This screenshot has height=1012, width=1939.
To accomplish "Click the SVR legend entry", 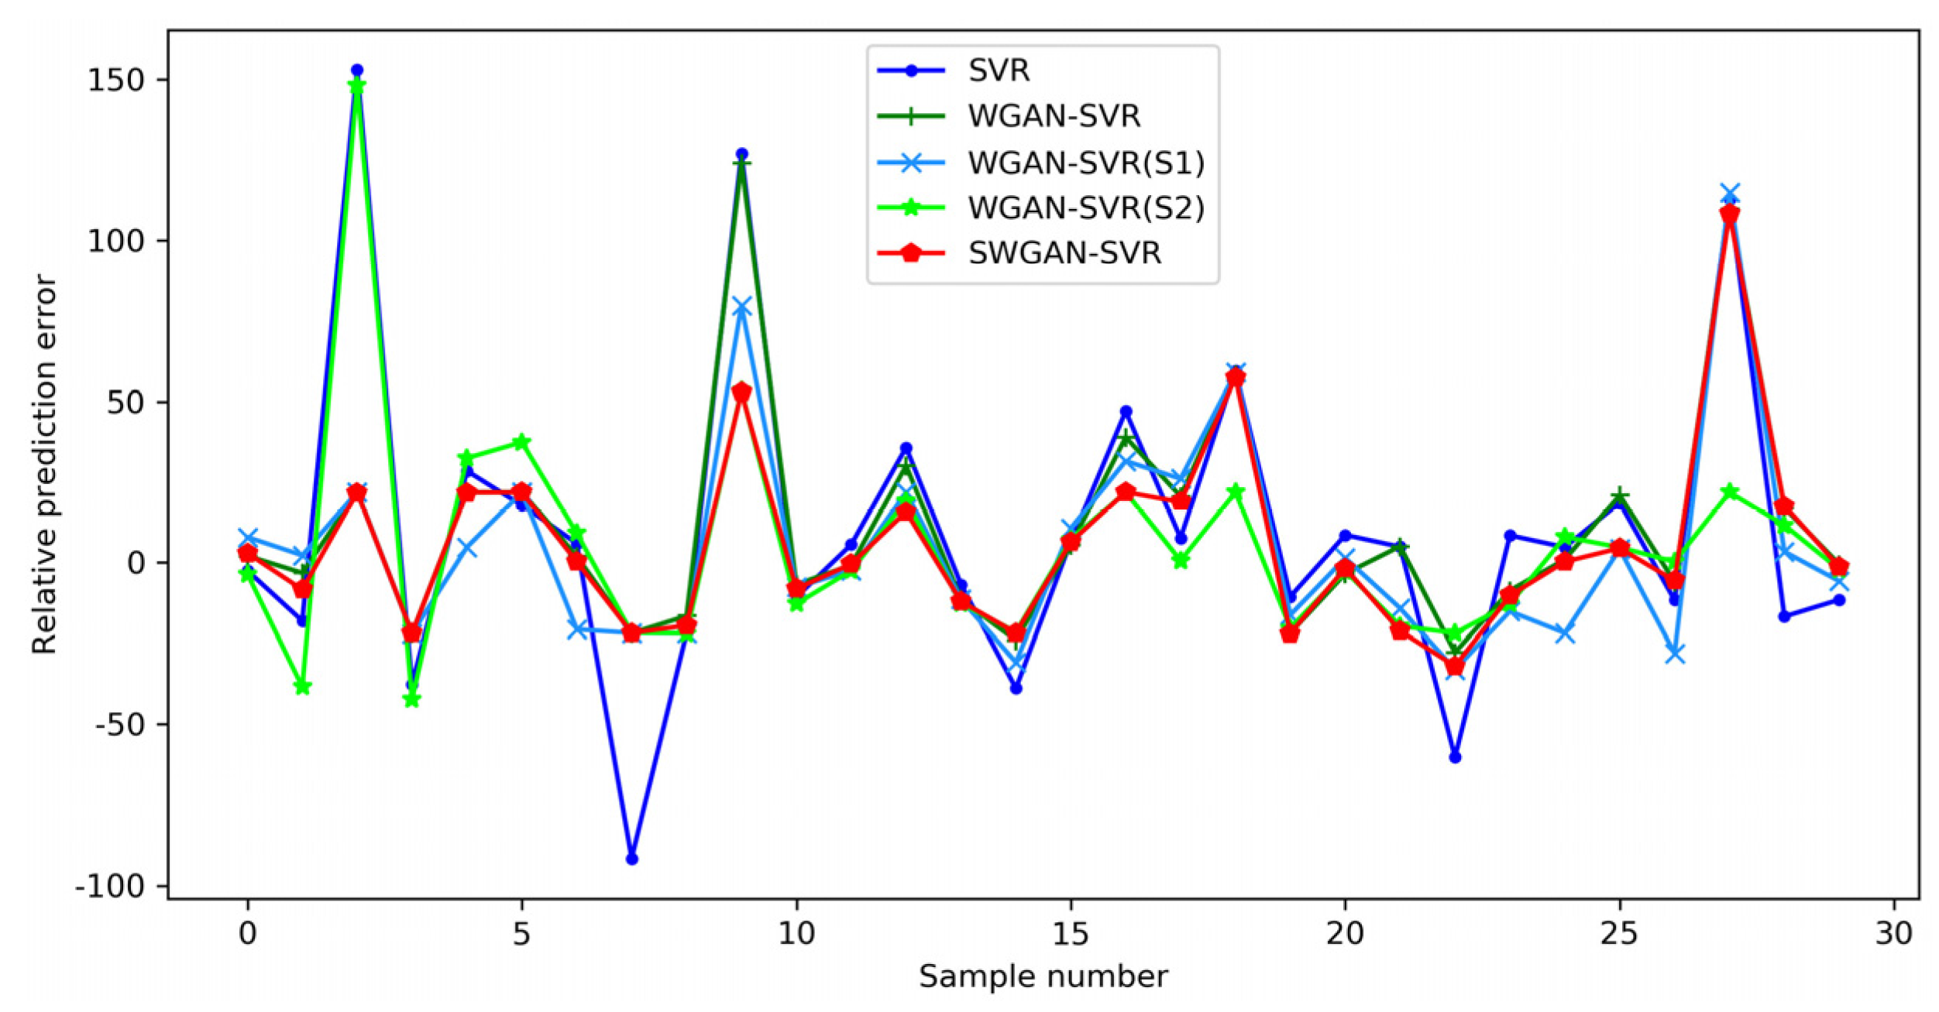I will (x=998, y=70).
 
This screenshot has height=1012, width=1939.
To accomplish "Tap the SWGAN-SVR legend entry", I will (x=1064, y=253).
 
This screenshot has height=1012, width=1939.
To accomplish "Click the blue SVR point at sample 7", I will (x=631, y=859).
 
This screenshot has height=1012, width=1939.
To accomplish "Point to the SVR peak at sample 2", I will (x=357, y=70).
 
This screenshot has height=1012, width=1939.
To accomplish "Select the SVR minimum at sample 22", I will (x=1455, y=757).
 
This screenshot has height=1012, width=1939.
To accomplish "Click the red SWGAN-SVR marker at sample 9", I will (x=741, y=393).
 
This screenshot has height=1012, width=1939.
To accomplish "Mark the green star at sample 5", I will (x=521, y=442).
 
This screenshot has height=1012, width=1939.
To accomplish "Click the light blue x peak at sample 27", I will (x=1729, y=192).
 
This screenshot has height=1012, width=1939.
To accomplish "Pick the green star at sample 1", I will (x=302, y=687).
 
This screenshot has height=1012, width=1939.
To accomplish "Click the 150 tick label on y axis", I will (x=116, y=80).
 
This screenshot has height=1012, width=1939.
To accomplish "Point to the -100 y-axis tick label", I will (x=110, y=886).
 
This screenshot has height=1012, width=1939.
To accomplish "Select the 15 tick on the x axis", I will (x=1071, y=934).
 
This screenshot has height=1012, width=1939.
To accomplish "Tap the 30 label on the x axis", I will (x=1894, y=934).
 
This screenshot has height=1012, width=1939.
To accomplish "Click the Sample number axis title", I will (x=1043, y=977).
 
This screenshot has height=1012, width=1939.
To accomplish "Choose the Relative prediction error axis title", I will (x=45, y=465).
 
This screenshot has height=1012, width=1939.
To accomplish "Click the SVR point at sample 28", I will (x=1784, y=616).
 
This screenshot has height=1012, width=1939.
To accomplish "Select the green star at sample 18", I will (x=1236, y=492).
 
